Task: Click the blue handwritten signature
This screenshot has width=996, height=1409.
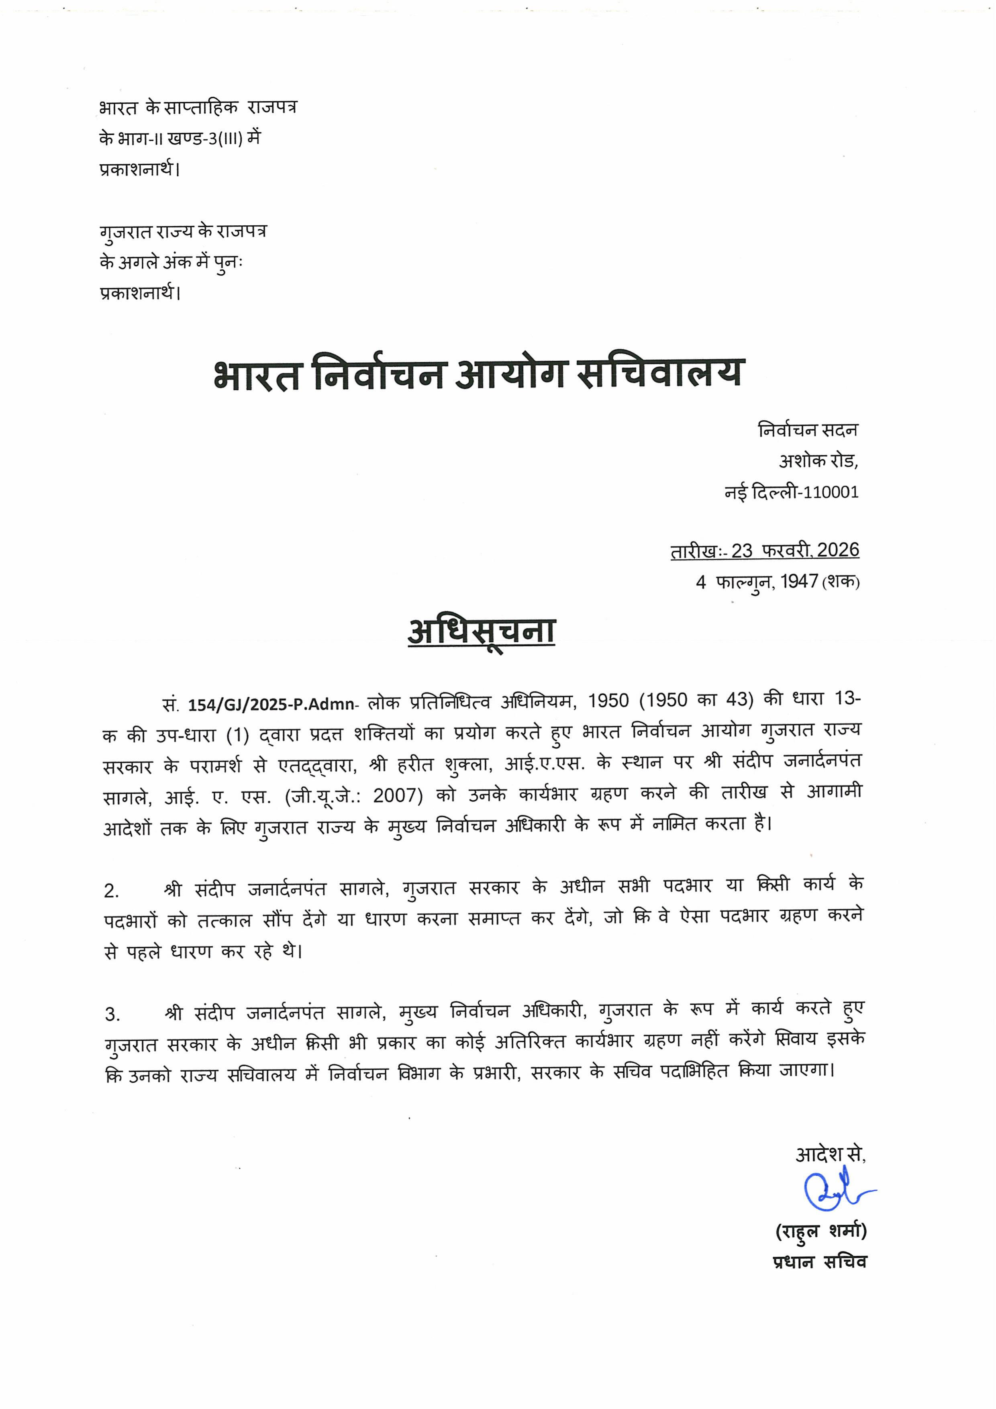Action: click(836, 1192)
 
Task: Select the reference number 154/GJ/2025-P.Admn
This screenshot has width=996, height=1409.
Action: click(271, 704)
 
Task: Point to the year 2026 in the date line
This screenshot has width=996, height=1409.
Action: click(838, 551)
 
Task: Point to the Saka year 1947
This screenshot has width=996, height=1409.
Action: click(799, 582)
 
